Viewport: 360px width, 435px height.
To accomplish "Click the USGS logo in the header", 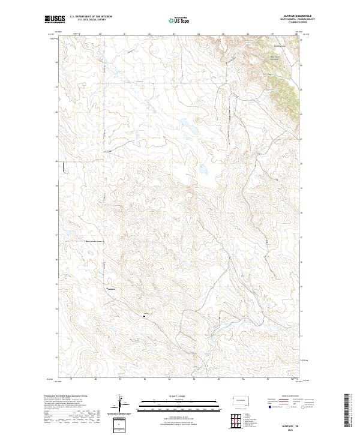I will [x=56, y=19].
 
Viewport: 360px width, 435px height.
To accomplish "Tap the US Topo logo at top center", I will [x=181, y=20].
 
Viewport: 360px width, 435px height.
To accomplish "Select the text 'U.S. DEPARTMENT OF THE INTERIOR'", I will [x=91, y=16].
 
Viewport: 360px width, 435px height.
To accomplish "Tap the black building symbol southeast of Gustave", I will [x=145, y=314].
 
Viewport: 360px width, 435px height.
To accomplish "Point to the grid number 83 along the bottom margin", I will [x=170, y=380].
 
